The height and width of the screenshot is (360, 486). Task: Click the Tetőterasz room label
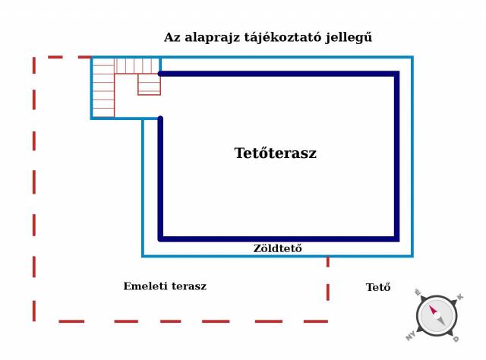point(275,153)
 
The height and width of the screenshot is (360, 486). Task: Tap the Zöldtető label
point(277,248)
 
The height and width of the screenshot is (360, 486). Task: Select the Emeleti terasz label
point(165,286)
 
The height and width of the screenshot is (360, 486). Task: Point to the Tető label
point(378,287)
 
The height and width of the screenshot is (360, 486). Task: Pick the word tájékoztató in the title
point(282,38)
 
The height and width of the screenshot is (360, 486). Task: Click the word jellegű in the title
point(349,38)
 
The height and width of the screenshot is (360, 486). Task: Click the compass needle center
point(437,316)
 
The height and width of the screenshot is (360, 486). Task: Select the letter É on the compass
point(418,292)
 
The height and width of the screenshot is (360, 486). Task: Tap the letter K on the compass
point(460,297)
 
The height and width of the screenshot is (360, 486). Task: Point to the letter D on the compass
point(456,339)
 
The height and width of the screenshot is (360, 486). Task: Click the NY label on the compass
point(411,336)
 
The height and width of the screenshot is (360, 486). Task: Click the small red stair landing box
point(149,84)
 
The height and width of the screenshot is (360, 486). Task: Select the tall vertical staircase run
point(103,88)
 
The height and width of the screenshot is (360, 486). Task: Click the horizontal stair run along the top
point(137,66)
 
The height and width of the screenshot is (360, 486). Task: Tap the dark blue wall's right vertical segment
point(396,156)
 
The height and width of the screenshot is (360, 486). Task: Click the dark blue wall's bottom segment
point(279,238)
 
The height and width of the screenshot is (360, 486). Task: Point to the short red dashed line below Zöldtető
point(328,279)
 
